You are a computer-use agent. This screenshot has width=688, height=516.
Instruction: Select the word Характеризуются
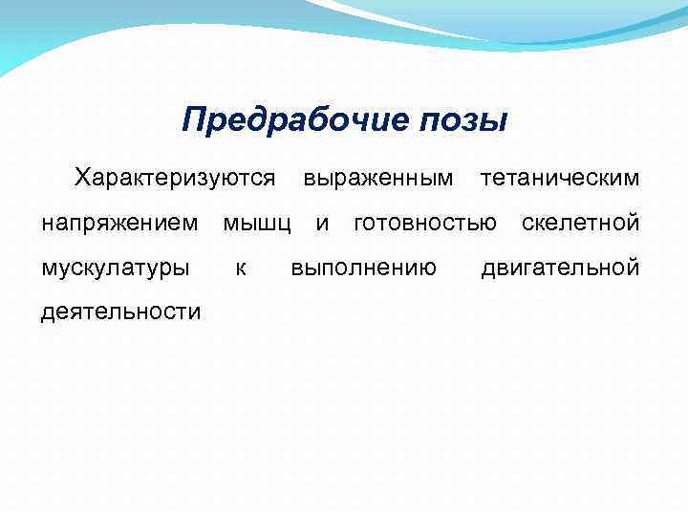(176, 178)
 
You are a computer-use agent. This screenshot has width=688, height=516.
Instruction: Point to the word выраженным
(377, 178)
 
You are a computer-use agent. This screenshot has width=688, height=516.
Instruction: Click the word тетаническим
(560, 178)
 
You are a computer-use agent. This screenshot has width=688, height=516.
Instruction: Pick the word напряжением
(120, 224)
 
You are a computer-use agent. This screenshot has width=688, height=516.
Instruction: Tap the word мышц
(257, 224)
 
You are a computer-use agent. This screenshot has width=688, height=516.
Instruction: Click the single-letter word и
(323, 224)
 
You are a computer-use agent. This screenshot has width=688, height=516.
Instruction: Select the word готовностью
(425, 224)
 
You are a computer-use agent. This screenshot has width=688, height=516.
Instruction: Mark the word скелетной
(580, 224)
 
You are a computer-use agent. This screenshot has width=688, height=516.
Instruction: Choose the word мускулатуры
(115, 269)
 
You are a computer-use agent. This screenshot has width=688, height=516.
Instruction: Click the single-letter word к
(241, 269)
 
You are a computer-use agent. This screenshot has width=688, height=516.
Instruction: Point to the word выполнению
(364, 269)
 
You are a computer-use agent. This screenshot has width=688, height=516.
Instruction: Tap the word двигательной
(560, 269)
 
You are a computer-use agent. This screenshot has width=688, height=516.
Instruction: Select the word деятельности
(120, 312)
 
